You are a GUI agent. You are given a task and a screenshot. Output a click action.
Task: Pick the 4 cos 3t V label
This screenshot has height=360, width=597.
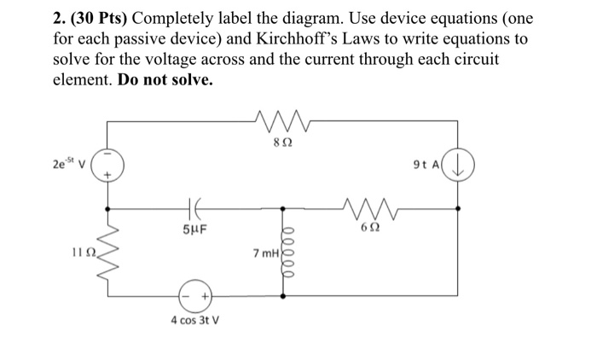tap(194, 322)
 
